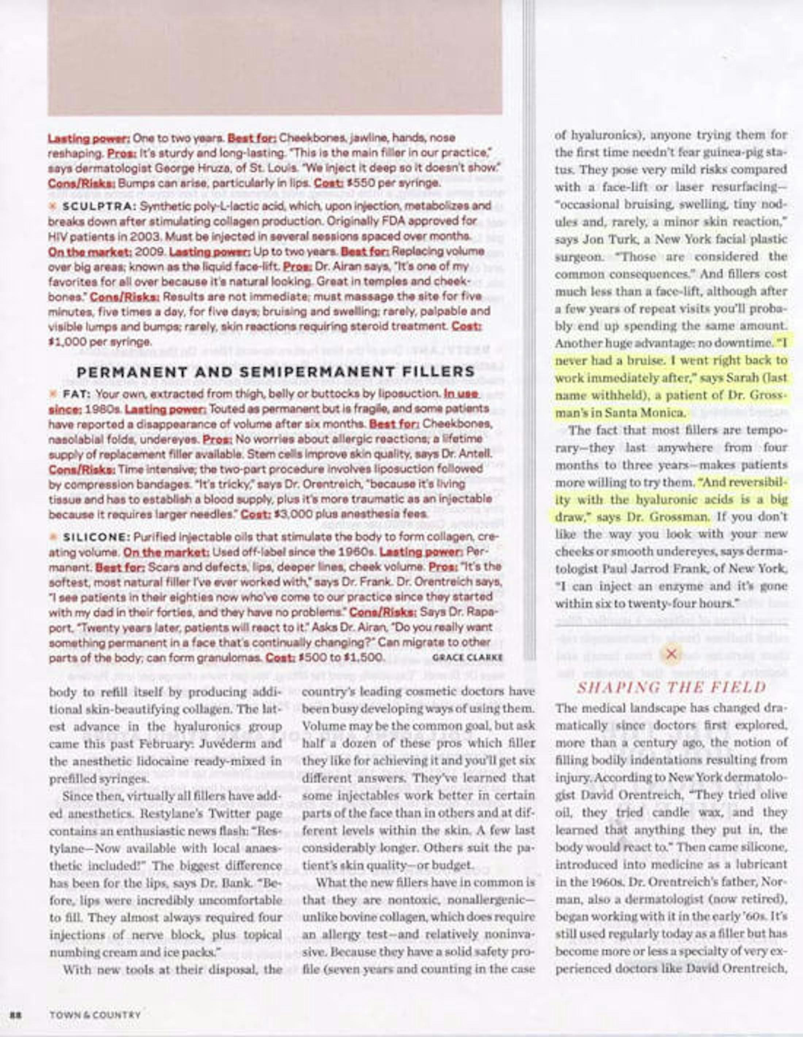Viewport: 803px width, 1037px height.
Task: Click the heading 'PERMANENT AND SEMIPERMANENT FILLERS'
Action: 276,371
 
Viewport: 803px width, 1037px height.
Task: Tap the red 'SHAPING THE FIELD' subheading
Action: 671,688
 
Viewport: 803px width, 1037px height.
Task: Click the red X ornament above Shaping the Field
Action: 671,654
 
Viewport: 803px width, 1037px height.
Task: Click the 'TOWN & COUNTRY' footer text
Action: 95,1015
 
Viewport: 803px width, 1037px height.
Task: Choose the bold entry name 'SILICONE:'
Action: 96,537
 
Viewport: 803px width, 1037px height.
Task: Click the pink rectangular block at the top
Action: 275,57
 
